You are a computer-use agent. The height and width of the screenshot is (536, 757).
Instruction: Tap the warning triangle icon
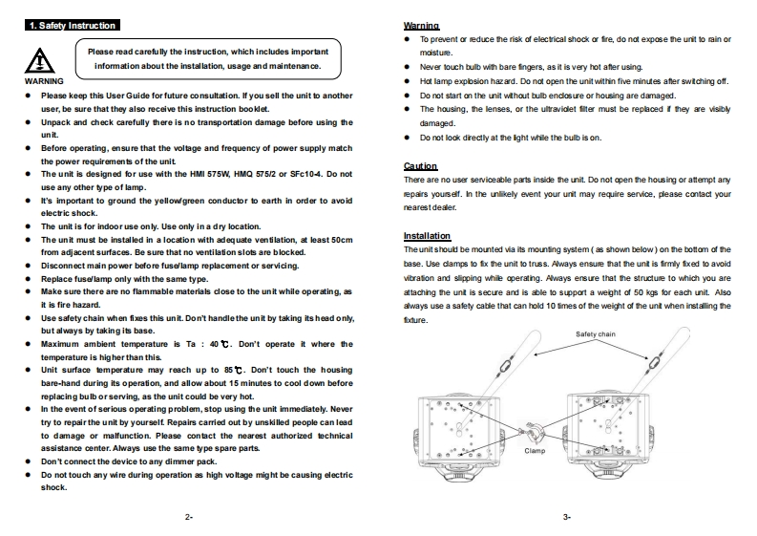pyautogui.click(x=39, y=60)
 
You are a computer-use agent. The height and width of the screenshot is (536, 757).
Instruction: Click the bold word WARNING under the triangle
pyautogui.click(x=43, y=82)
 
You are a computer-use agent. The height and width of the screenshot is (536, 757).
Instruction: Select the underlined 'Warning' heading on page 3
pyautogui.click(x=421, y=25)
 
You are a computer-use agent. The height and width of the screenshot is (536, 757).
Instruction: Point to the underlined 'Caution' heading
pyautogui.click(x=420, y=165)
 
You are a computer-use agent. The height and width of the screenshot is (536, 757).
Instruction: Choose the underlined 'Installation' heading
pyautogui.click(x=428, y=236)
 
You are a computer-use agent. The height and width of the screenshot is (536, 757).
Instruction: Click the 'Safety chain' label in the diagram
pyautogui.click(x=596, y=333)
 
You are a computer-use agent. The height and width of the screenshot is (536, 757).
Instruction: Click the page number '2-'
pyautogui.click(x=189, y=517)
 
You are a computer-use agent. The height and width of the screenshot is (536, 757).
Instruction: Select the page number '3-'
pyautogui.click(x=567, y=517)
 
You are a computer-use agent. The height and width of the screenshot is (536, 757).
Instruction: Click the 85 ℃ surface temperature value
pyautogui.click(x=232, y=369)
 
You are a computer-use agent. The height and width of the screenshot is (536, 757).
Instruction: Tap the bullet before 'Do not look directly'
pyautogui.click(x=409, y=138)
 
